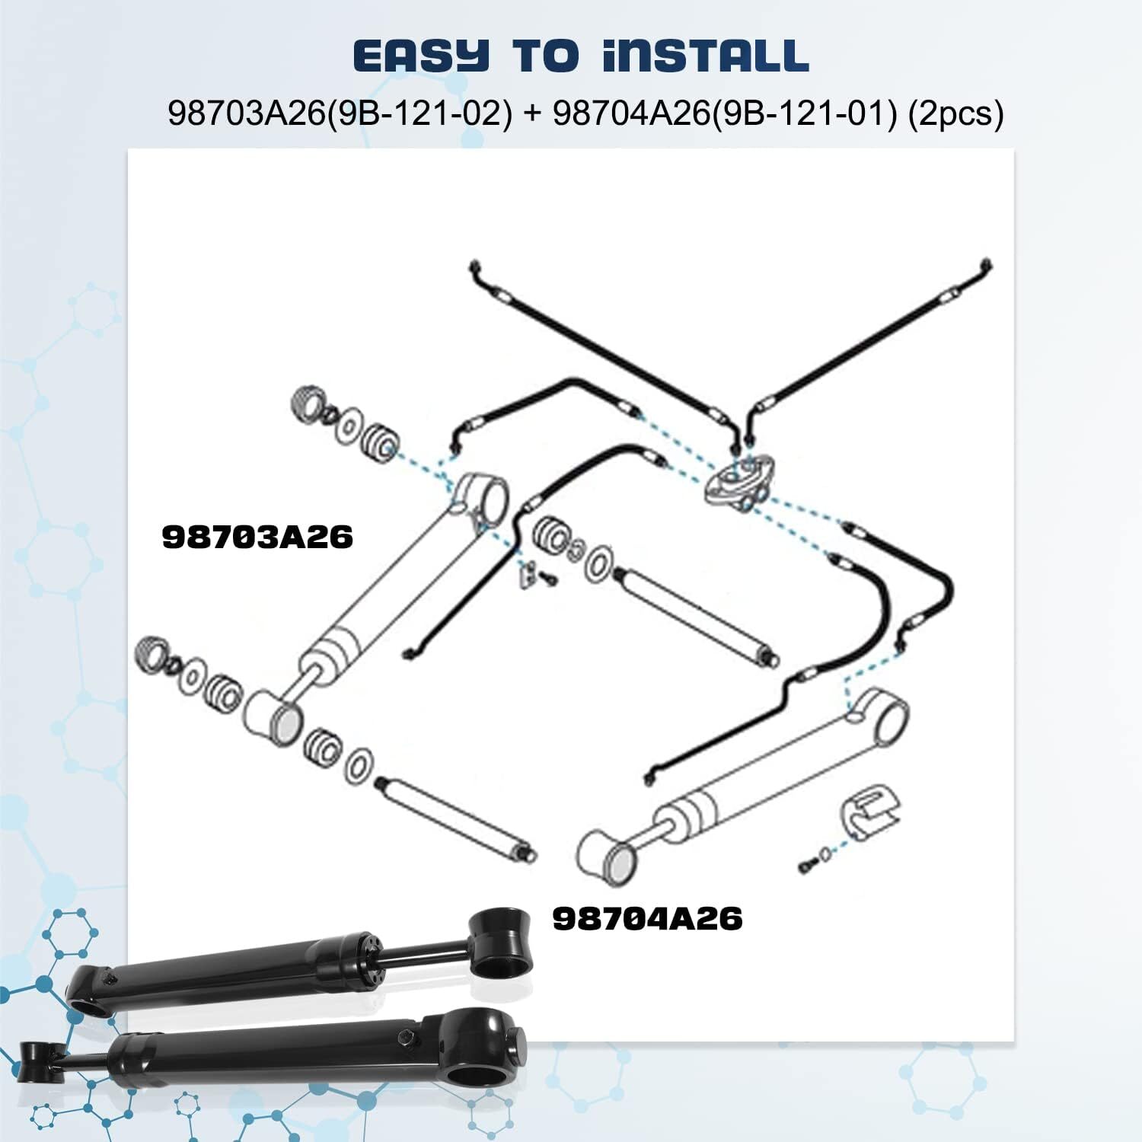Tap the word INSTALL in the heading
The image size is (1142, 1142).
(704, 56)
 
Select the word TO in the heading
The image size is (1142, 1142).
(545, 56)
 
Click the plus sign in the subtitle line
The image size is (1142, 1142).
(532, 113)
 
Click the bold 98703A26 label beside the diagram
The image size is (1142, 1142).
(257, 538)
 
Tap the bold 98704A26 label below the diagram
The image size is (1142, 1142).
(647, 919)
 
